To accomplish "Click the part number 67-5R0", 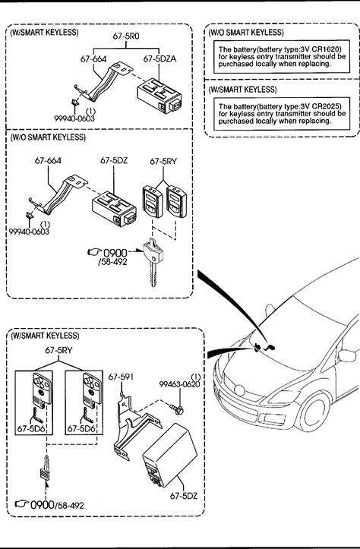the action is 126,36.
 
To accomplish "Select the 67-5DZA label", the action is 159,58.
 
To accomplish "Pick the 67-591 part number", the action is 121,377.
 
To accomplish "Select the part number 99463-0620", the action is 179,384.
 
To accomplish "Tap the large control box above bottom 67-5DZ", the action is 169,455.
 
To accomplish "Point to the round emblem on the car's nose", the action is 239,390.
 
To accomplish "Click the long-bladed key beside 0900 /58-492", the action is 153,262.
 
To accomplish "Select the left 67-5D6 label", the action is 31,428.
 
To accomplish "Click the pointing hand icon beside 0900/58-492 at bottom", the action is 22,504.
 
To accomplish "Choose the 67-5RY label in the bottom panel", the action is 58,350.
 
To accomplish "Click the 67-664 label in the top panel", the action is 93,58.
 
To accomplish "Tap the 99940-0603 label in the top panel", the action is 74,118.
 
